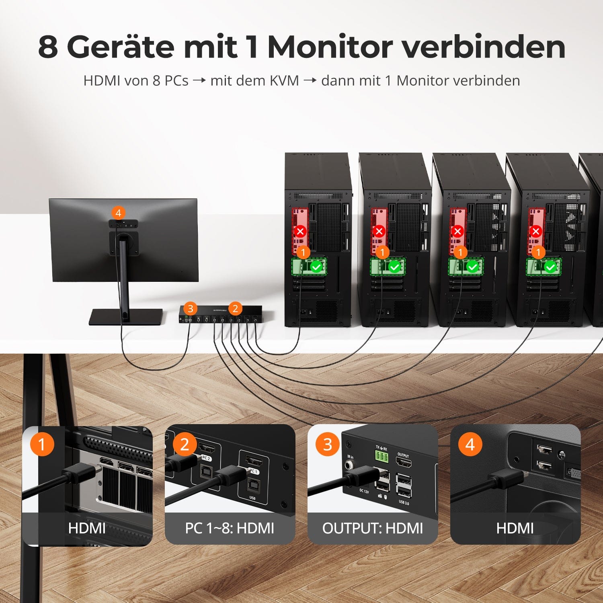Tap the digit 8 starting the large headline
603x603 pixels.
click(48, 47)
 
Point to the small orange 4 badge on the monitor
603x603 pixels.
click(118, 213)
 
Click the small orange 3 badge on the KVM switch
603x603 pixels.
click(191, 309)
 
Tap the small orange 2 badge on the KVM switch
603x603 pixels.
click(235, 309)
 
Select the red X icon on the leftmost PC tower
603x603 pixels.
click(300, 232)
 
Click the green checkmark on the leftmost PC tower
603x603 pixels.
click(316, 267)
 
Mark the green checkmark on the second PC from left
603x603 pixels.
click(394, 267)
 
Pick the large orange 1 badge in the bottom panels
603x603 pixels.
click(42, 444)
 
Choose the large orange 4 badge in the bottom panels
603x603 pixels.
click(470, 444)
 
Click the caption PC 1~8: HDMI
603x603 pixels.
click(230, 528)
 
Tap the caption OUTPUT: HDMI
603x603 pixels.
click(372, 528)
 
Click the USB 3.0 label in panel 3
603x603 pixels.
click(404, 502)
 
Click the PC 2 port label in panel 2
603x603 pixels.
click(206, 458)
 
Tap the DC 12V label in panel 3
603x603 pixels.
click(364, 491)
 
